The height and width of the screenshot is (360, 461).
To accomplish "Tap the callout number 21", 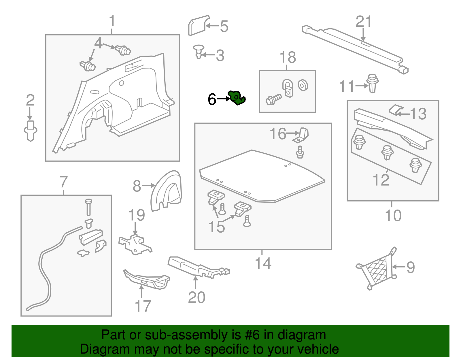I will [x=364, y=22].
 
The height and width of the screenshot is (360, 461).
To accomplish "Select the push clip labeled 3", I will [x=198, y=51].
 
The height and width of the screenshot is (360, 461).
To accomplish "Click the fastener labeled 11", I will [x=373, y=83].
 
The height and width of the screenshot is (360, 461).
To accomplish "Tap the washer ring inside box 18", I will [x=303, y=85].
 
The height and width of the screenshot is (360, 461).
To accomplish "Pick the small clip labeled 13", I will [x=396, y=110].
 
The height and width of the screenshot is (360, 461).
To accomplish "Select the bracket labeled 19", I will [x=135, y=244].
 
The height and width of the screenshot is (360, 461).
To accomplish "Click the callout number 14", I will [x=263, y=263].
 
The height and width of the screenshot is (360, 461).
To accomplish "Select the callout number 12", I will [x=381, y=180].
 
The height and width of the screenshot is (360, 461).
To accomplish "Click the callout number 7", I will [x=64, y=182].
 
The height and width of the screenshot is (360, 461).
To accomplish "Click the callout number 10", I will [x=393, y=216].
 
